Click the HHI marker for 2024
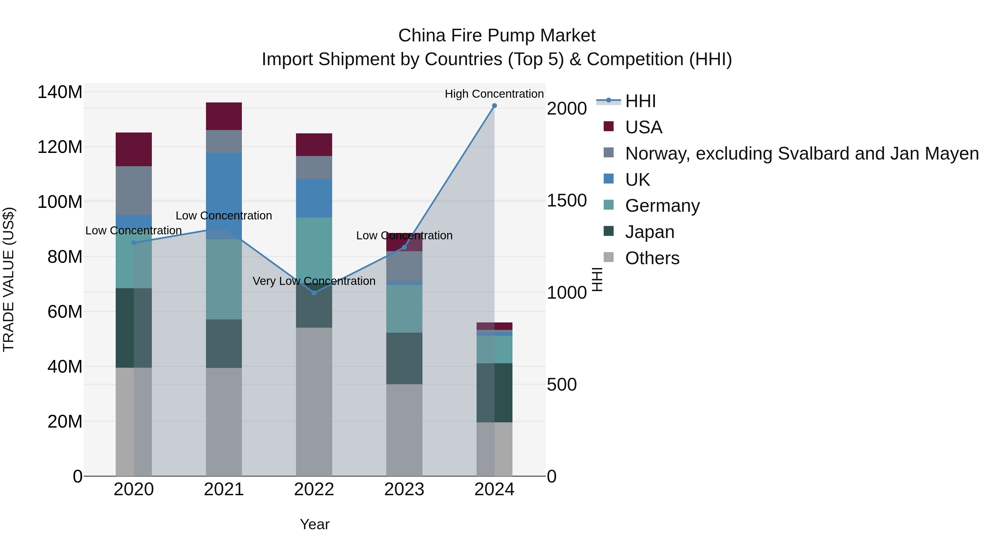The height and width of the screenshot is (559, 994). pos(494,106)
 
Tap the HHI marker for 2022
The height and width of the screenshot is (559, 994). pos(314,293)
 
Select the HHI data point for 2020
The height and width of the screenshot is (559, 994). pos(134,243)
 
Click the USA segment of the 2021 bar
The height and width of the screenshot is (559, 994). pos(224,116)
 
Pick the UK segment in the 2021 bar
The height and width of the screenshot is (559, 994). pos(224,189)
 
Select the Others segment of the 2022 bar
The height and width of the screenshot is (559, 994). pos(314,401)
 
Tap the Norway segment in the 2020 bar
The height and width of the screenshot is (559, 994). pos(134,190)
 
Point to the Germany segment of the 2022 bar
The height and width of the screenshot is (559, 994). pos(314,247)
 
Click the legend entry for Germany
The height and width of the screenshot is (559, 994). pos(662,206)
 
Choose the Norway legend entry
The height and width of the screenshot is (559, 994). pos(802,153)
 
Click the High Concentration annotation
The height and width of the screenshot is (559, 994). pos(494,94)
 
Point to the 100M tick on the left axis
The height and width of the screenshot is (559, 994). pos(60,202)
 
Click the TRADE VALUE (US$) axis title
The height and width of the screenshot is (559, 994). pos(9,279)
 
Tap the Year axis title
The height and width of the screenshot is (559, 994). pos(314,524)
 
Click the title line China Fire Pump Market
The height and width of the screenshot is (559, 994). pos(497,36)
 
